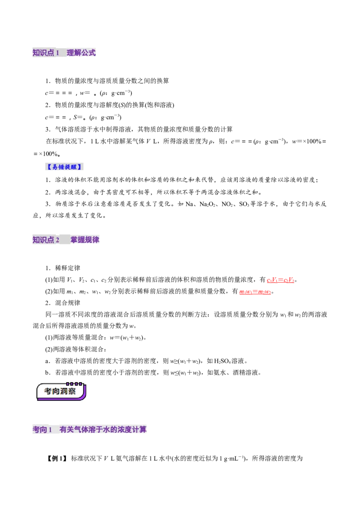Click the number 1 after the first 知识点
point(58,53)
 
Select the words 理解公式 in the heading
point(81,53)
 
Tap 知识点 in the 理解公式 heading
point(43,53)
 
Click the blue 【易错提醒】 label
point(65,167)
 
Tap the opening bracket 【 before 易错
point(48,167)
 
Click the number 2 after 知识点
point(58,240)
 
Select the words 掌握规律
point(85,240)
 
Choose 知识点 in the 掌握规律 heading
point(43,240)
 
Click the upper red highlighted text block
point(280,281)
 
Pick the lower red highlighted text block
point(255,292)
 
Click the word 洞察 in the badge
point(68,392)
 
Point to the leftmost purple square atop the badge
point(68,384)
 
